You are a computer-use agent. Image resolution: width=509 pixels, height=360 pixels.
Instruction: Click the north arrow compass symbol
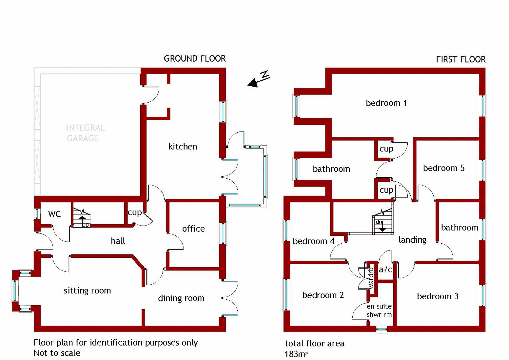pos(259,79)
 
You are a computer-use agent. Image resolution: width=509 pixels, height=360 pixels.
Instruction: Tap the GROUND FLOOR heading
pos(195,59)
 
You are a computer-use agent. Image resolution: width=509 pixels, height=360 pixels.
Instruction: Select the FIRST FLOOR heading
pos(461,60)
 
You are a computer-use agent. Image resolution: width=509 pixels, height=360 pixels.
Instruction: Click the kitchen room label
pos(183,146)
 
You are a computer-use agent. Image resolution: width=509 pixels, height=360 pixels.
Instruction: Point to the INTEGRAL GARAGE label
pos(85,133)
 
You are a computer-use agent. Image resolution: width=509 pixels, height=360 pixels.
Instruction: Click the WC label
pos(54,214)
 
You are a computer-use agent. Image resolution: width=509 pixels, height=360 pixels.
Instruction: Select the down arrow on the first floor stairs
pos(382,227)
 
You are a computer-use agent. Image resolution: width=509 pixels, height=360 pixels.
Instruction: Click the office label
pos(193,229)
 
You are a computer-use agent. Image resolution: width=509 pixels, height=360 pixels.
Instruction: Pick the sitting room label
pos(87,290)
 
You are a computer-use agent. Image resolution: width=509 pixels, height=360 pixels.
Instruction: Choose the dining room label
pos(181,298)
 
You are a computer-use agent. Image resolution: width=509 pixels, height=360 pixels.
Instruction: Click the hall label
pos(118,241)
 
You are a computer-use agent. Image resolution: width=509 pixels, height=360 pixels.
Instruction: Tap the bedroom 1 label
pos(386,103)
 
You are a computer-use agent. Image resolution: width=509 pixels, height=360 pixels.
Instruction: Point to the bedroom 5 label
pos(444,168)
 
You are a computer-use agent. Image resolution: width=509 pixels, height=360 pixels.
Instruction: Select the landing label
pos(412,240)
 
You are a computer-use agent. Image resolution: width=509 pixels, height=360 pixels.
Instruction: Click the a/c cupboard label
pos(385,269)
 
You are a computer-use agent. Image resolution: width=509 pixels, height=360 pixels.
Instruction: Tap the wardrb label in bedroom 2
pos(371,278)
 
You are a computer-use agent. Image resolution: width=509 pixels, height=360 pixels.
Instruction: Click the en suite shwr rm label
pos(379,311)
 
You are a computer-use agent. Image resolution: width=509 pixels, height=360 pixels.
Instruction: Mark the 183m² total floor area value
pos(296,354)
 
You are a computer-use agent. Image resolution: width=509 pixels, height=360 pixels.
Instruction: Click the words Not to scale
pos(57,353)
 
